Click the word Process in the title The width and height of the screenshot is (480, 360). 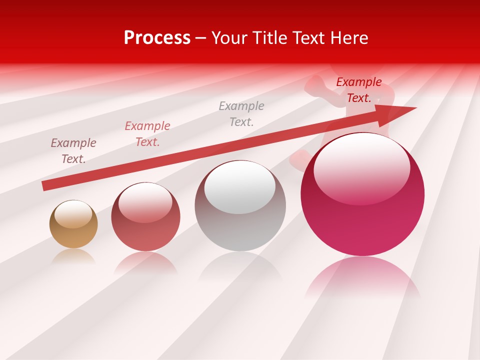click(157, 38)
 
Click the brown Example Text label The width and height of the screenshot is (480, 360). click(73, 151)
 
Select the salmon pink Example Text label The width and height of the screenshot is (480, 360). click(147, 134)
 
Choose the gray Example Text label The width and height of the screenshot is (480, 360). click(241, 114)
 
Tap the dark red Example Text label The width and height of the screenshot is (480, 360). click(359, 90)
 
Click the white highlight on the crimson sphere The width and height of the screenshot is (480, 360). click(361, 167)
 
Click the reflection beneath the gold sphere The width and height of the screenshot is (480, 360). click(73, 256)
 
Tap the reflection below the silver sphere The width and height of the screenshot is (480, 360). click(240, 265)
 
